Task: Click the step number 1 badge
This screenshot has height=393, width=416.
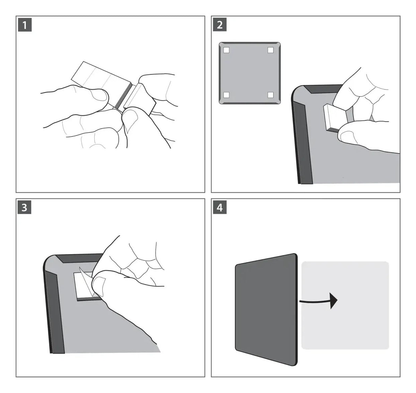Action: pos(25,25)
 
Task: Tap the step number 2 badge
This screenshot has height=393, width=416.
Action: pos(220,25)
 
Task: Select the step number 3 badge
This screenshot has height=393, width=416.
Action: pos(24,207)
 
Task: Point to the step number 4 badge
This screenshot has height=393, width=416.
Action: pos(220,207)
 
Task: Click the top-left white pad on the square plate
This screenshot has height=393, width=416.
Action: pos(226,50)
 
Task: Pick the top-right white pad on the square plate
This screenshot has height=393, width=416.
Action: pos(271,50)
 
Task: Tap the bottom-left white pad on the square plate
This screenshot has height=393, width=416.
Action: pos(226,95)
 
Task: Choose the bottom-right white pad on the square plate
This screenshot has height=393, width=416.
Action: pos(271,95)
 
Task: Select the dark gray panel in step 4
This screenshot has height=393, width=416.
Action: pos(266,310)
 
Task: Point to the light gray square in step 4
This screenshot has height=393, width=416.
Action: pos(345,305)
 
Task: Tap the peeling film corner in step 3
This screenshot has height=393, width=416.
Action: pos(86,281)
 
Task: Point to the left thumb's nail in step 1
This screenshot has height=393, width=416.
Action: pos(100,95)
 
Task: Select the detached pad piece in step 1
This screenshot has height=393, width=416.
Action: pos(140,99)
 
